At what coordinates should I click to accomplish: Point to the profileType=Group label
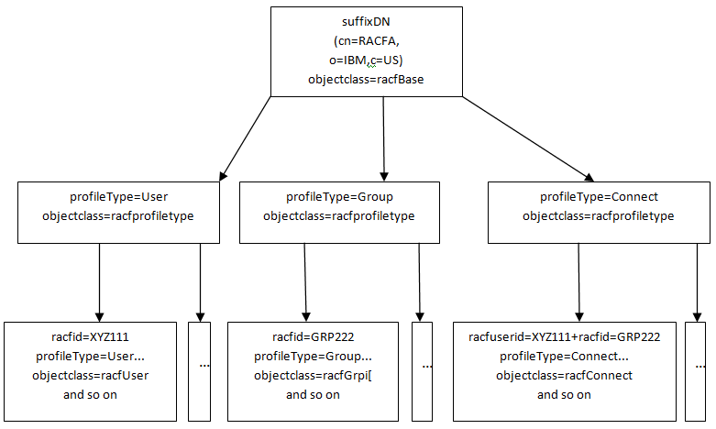point(339,196)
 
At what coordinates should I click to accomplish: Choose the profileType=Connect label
point(599,196)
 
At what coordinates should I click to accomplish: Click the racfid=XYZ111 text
point(90,335)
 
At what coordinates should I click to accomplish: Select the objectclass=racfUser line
point(90,375)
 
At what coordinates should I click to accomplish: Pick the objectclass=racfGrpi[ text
point(313,375)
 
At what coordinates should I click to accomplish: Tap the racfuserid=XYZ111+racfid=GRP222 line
point(564,335)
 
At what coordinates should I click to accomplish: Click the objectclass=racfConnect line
point(564,375)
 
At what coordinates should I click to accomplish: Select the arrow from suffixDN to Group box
point(383,137)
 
